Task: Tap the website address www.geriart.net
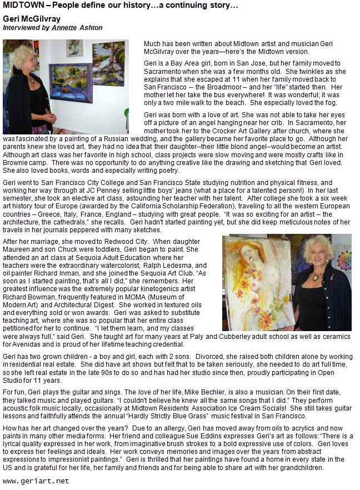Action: (36, 481)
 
